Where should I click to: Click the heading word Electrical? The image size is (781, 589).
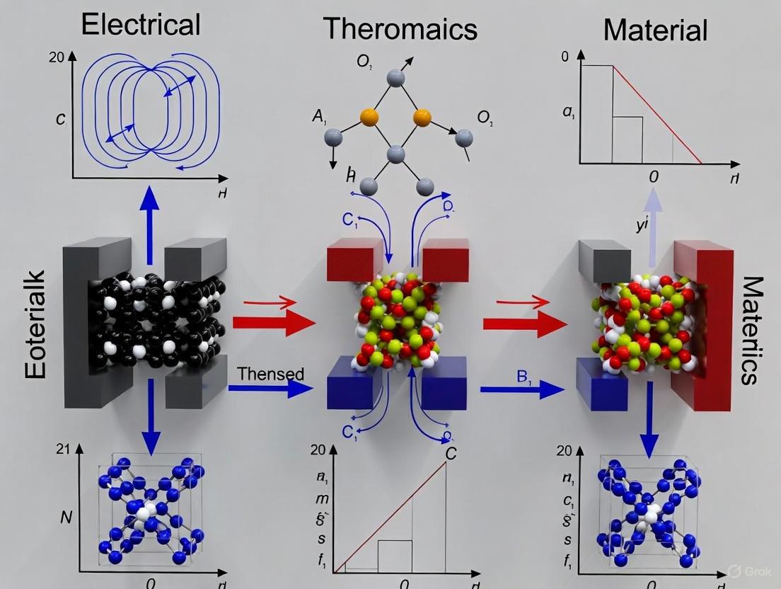coord(141,24)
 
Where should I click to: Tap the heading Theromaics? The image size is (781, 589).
coord(400,29)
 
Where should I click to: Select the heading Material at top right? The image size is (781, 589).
coord(655,30)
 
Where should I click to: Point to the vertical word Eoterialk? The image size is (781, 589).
coord(34,324)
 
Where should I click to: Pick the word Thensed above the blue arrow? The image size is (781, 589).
coord(271,374)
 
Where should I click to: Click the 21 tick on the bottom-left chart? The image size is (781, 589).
coord(62,448)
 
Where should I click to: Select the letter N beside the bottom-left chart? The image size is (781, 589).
coord(66,517)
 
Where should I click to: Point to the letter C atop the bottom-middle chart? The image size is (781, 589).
coord(450,454)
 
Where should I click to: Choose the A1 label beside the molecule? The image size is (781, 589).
coord(318,117)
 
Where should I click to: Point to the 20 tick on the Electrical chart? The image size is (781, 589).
coord(57,57)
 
